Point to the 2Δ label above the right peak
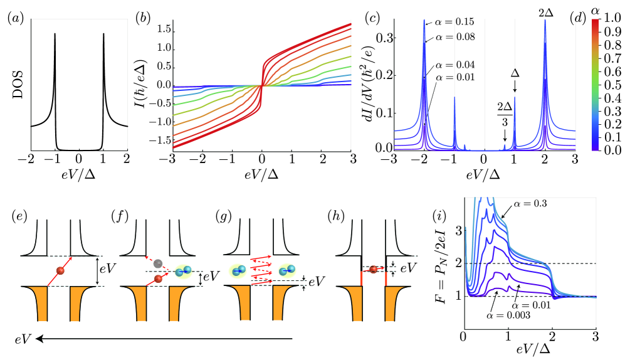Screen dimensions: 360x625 [x=544, y=12]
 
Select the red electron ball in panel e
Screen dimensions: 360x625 [x=60, y=270]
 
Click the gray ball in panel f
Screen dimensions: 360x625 [x=159, y=263]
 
